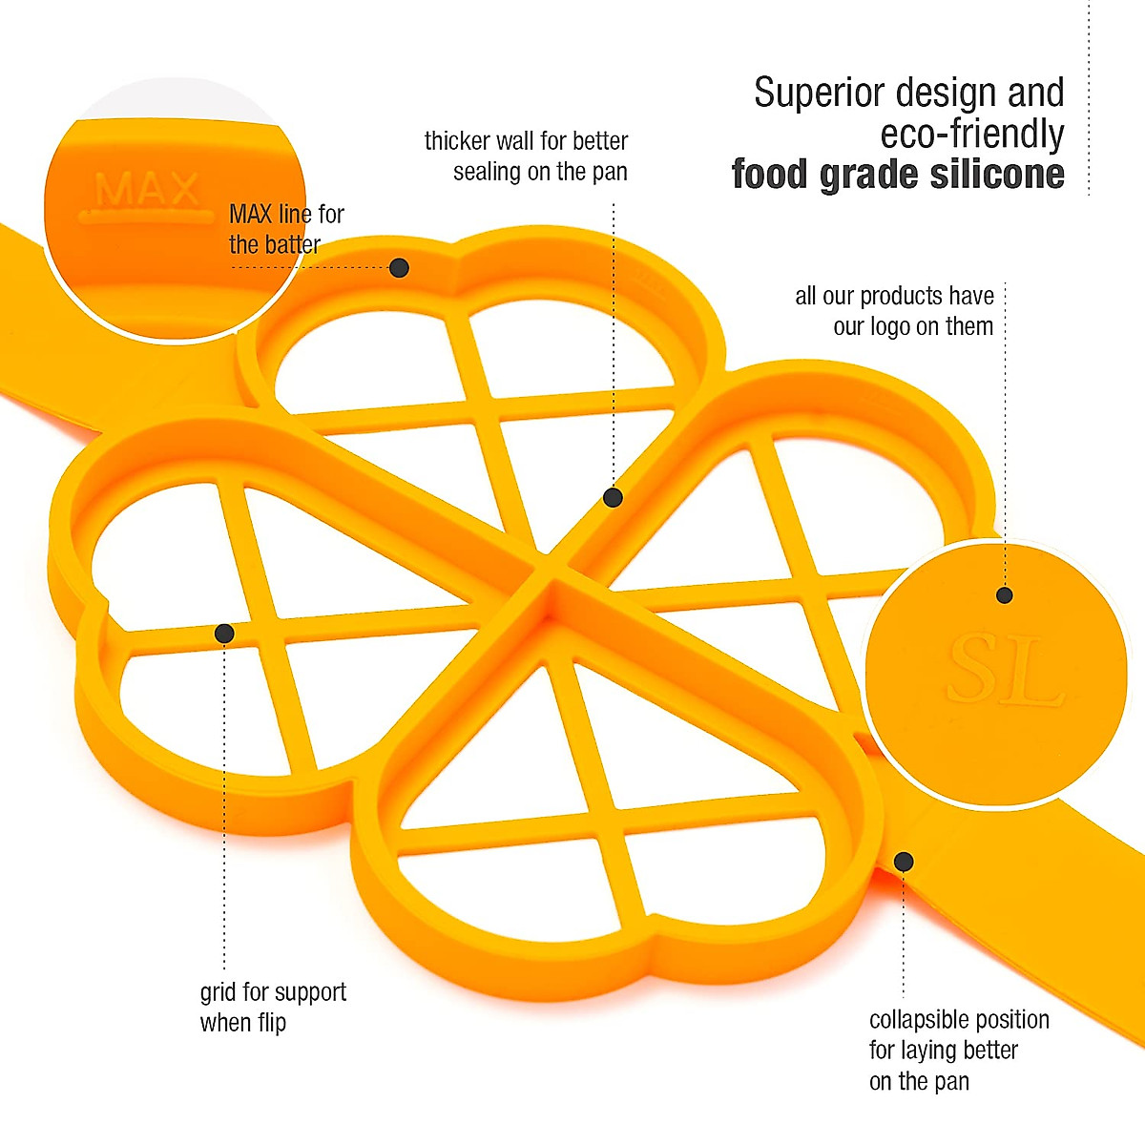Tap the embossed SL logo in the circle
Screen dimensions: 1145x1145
click(x=1006, y=670)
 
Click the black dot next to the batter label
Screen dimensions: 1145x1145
click(x=400, y=268)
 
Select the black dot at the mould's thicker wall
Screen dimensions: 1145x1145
click(x=614, y=497)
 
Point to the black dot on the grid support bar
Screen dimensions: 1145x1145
click(x=225, y=634)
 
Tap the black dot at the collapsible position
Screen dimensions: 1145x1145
click(x=904, y=863)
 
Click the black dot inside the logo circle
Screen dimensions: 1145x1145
click(x=1004, y=595)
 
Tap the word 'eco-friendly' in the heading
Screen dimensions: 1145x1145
click(x=971, y=135)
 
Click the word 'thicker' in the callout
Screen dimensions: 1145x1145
click(x=454, y=141)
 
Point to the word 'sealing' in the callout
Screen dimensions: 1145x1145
click(x=487, y=172)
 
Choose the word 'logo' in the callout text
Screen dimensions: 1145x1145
click(x=888, y=326)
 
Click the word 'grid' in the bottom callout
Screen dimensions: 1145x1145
click(x=218, y=993)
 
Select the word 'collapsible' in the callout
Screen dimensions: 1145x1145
click(x=921, y=1020)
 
